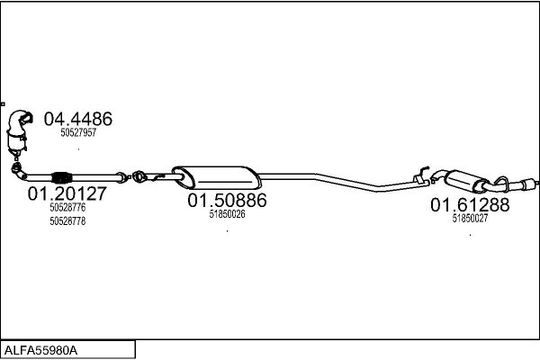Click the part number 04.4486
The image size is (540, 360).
77,119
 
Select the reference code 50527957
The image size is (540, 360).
78,132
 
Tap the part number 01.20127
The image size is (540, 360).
67,193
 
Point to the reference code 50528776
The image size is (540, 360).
67,207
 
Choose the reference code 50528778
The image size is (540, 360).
67,220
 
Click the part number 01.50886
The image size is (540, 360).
227,200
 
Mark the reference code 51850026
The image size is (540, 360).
228,214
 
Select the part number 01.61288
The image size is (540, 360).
470,205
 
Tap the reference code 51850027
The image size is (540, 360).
470,218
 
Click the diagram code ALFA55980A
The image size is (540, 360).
40,350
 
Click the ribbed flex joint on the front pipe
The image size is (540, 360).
61,177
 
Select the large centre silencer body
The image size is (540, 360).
217,177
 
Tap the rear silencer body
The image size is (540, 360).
466,181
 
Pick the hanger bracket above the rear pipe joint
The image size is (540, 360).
421,175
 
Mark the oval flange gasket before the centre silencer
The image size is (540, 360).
139,176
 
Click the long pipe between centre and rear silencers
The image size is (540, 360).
344,182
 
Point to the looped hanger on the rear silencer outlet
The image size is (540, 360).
502,183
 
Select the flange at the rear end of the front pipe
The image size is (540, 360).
121,177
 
